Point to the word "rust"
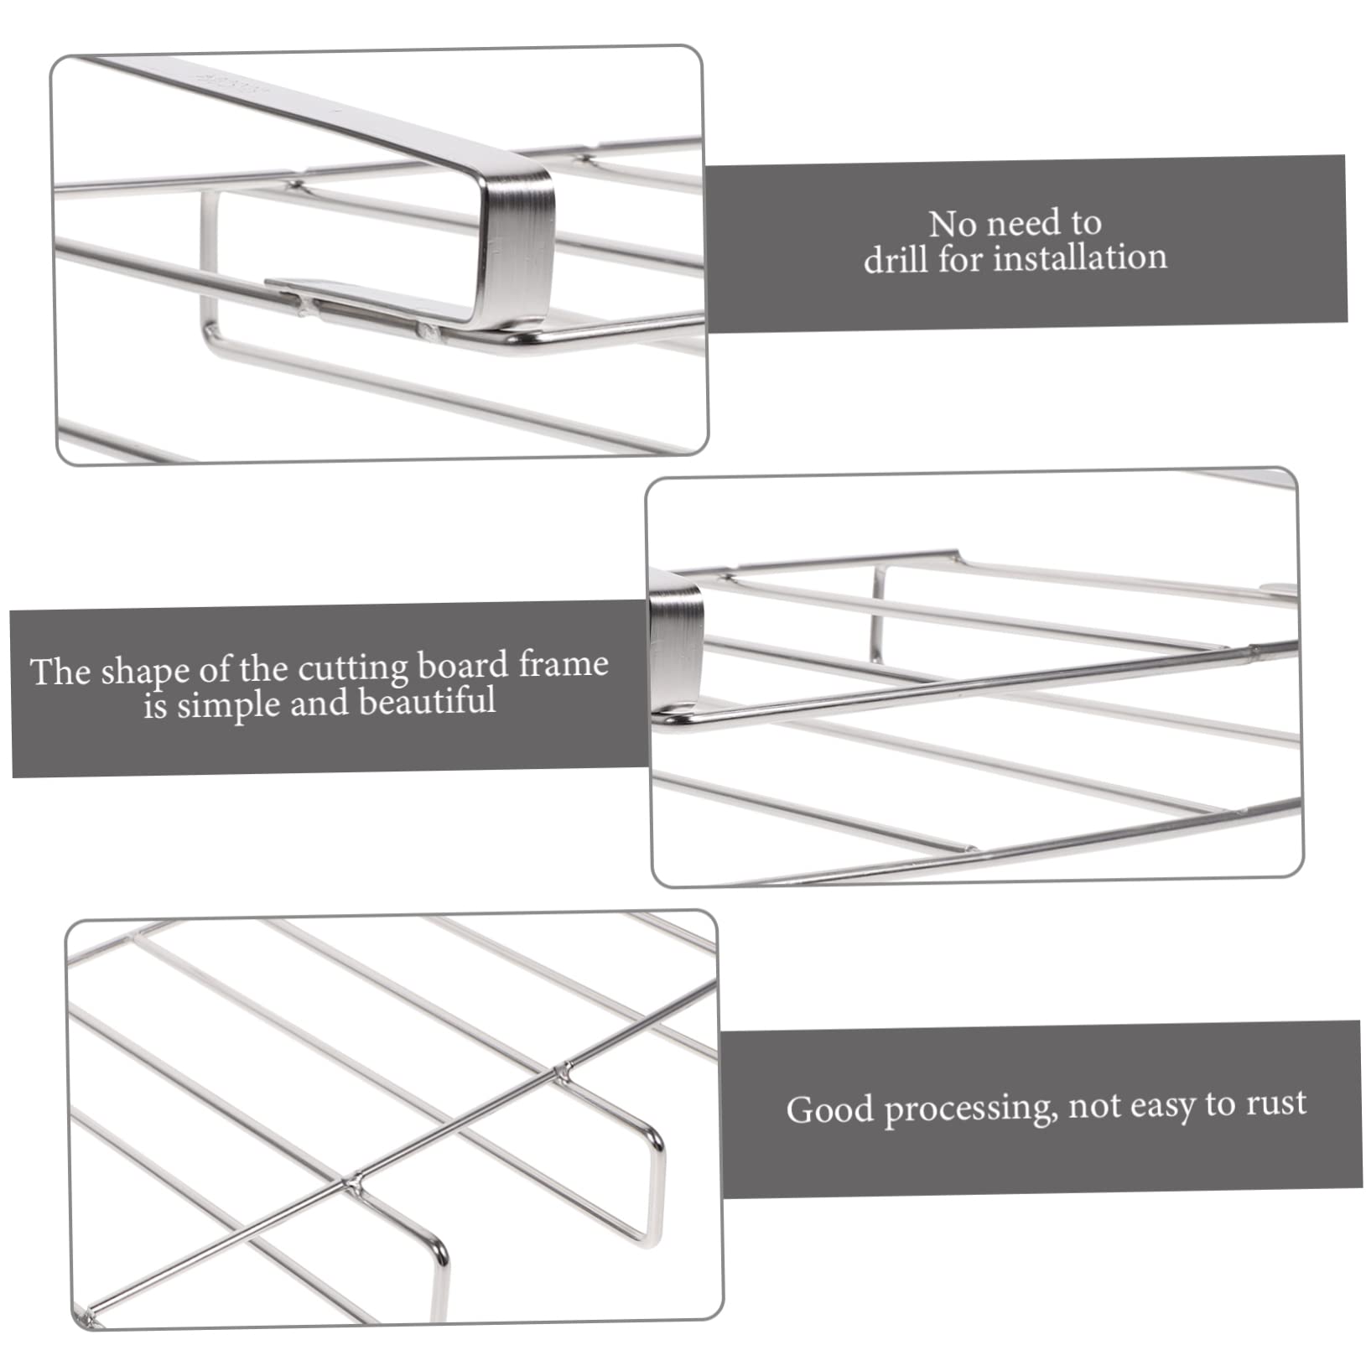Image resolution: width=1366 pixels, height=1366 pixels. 1276,1104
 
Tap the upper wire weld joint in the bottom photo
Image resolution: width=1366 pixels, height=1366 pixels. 565,1071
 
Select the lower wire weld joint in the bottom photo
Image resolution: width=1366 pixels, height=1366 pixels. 354,1183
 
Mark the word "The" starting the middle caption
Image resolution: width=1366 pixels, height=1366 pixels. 60,673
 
